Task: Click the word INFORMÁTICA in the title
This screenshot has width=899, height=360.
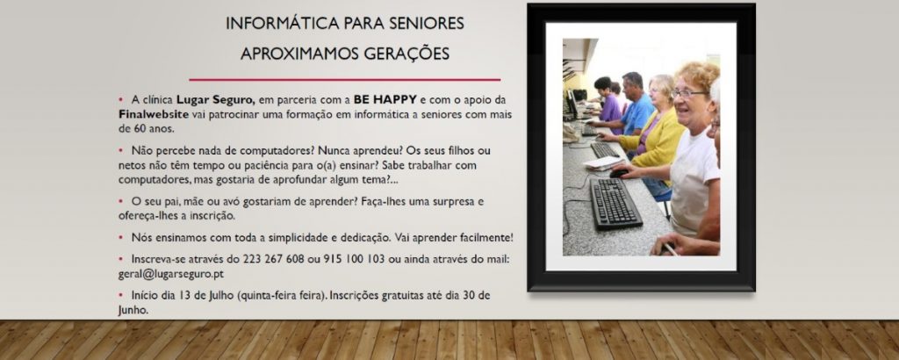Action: click(282, 24)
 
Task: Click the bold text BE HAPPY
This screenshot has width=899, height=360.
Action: click(385, 99)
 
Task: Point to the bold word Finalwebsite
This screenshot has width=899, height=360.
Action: click(154, 113)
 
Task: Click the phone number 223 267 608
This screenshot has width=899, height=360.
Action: click(274, 259)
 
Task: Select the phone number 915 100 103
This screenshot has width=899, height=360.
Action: click(354, 259)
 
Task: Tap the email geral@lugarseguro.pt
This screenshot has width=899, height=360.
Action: click(171, 274)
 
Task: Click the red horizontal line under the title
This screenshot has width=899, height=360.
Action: click(344, 80)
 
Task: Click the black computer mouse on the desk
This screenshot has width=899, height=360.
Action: click(618, 173)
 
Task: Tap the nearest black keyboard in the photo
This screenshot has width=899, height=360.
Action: click(615, 204)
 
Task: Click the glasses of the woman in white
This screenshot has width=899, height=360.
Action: click(689, 93)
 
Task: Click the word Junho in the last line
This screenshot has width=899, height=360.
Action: click(133, 311)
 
